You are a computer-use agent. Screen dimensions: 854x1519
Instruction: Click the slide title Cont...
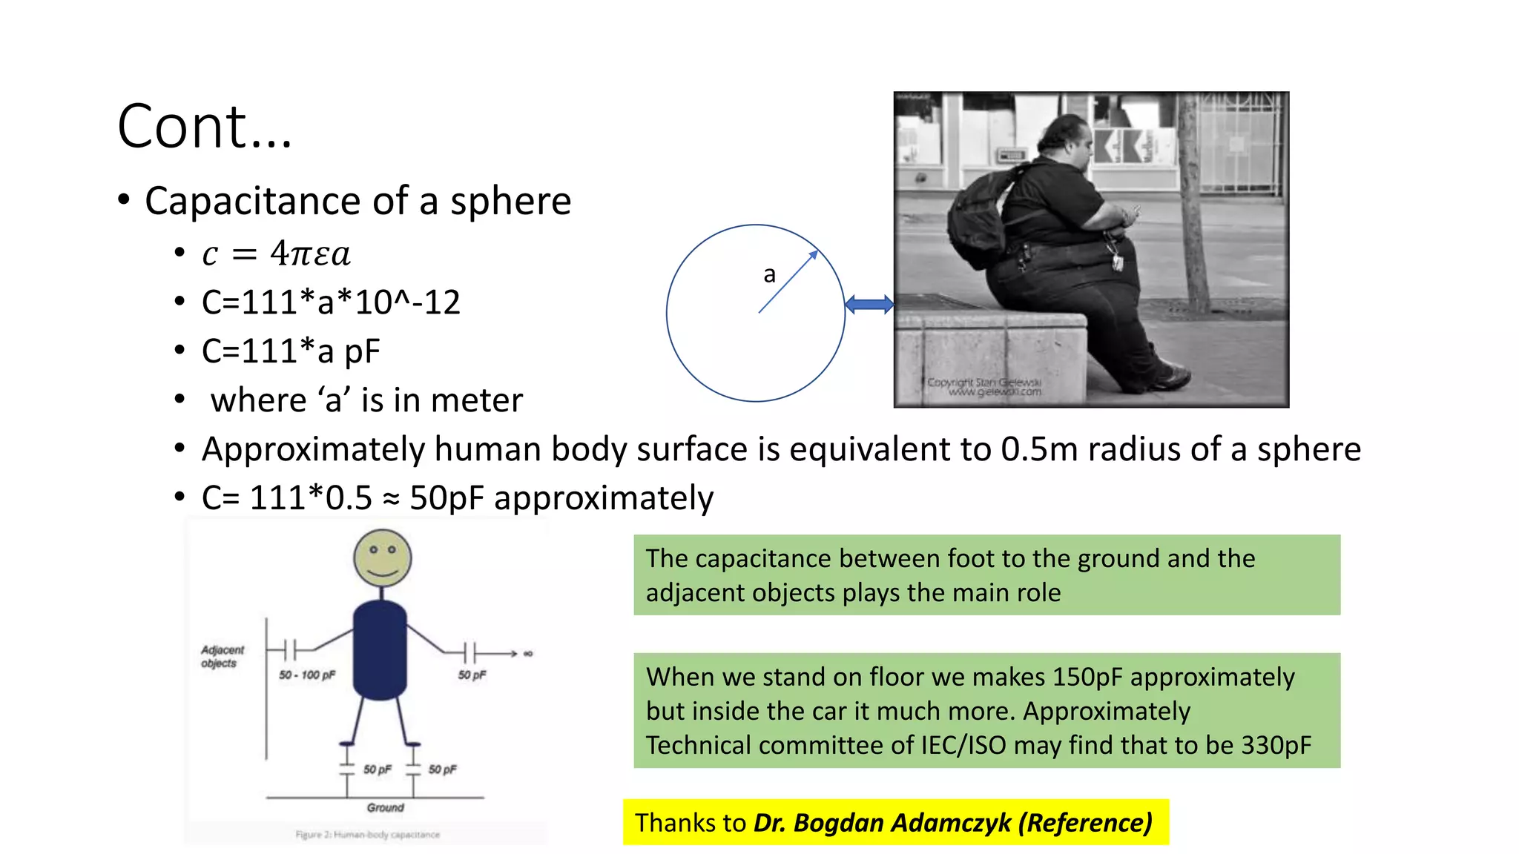pos(205,127)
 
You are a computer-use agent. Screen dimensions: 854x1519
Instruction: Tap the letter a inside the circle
pos(770,275)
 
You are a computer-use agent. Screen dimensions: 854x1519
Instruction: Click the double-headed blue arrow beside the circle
pos(869,304)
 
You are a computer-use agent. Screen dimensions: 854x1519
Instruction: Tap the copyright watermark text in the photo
pos(985,387)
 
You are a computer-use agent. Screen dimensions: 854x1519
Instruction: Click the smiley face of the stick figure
pos(383,557)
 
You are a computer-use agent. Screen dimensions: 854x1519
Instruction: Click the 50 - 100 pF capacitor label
pos(307,675)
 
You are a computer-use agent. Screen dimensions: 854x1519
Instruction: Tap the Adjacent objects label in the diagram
pos(221,656)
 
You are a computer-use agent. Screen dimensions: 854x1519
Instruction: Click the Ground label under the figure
pos(386,807)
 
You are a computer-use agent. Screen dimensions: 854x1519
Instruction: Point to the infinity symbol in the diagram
pos(528,654)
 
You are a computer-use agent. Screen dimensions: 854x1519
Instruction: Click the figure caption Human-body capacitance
pos(386,835)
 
